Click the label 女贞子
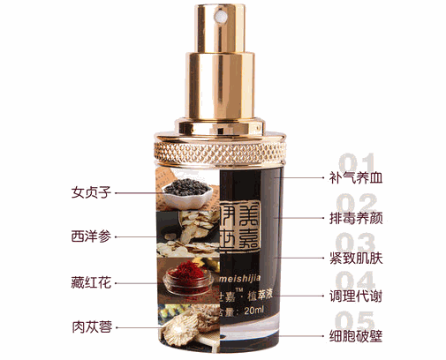tap(91, 191)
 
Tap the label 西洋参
tap(91, 237)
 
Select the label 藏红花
tap(91, 283)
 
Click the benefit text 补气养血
tap(353, 177)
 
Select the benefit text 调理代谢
tap(353, 296)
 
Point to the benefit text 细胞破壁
tap(353, 336)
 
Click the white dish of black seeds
tap(187, 189)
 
